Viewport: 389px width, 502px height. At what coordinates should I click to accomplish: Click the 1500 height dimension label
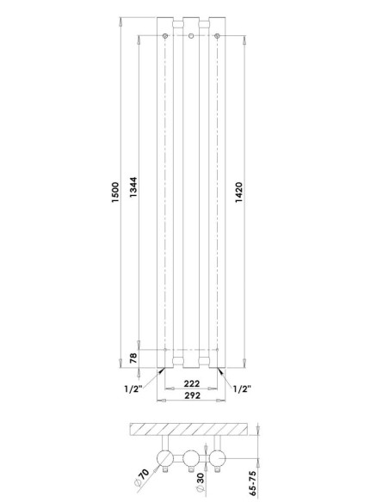pyautogui.click(x=115, y=192)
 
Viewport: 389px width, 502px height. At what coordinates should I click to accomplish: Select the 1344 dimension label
pyautogui.click(x=133, y=187)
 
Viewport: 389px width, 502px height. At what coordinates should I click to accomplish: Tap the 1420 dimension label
pyautogui.click(x=239, y=192)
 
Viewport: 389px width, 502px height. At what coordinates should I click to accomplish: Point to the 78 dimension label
pyautogui.click(x=133, y=358)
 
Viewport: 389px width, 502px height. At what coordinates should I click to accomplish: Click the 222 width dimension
pyautogui.click(x=192, y=383)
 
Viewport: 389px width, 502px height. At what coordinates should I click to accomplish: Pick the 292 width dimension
pyautogui.click(x=192, y=395)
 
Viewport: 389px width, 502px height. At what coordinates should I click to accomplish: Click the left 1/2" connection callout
pyautogui.click(x=133, y=389)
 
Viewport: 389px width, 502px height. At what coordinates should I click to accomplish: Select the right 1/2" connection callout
pyautogui.click(x=242, y=389)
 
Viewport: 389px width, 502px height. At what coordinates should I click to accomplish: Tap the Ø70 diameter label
pyautogui.click(x=142, y=477)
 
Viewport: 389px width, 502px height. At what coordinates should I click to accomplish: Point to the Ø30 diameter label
pyautogui.click(x=200, y=482)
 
